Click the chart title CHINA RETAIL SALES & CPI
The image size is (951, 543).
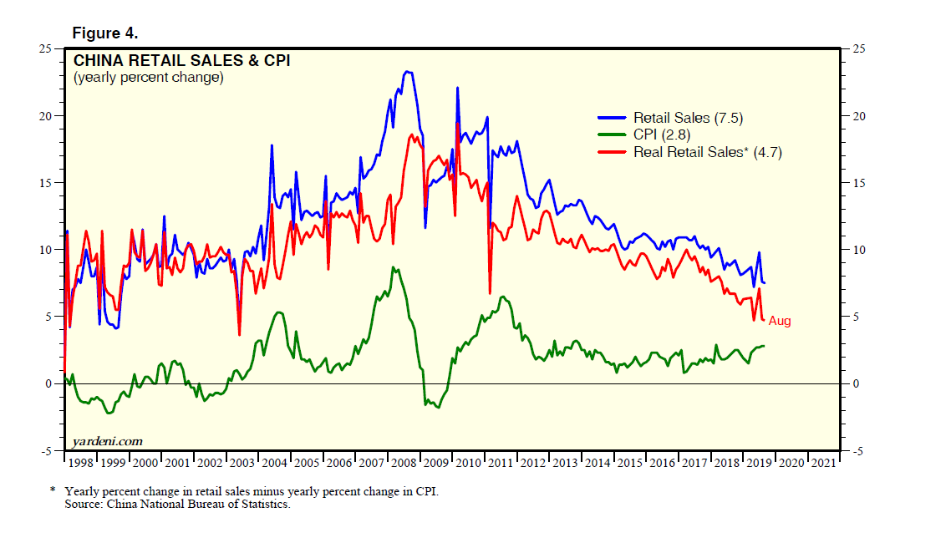pos(182,61)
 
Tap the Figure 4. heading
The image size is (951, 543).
pos(105,33)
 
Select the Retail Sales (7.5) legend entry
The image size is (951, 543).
pos(676,118)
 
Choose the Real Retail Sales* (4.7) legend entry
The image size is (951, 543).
pos(707,152)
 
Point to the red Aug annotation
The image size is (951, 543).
pos(780,321)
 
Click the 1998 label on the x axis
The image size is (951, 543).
pos(81,462)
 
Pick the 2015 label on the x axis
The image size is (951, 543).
pos(629,462)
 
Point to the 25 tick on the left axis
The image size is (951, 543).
pos(48,48)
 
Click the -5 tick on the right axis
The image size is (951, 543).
pos(857,451)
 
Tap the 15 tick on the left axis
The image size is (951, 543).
pos(48,183)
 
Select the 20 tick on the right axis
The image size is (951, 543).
pos(857,115)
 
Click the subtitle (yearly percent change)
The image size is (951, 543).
pos(148,78)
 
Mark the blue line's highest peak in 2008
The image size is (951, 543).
pos(407,72)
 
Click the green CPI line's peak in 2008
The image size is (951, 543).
pos(394,267)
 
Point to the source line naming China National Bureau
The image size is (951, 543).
pos(177,505)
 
